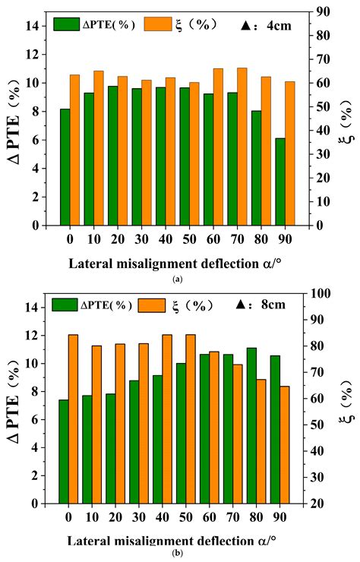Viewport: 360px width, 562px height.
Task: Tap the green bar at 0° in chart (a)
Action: (65, 167)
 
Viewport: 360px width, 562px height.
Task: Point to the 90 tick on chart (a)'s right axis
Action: (321, 12)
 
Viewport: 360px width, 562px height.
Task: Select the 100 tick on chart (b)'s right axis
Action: (322, 293)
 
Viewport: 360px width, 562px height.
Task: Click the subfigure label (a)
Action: (177, 280)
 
